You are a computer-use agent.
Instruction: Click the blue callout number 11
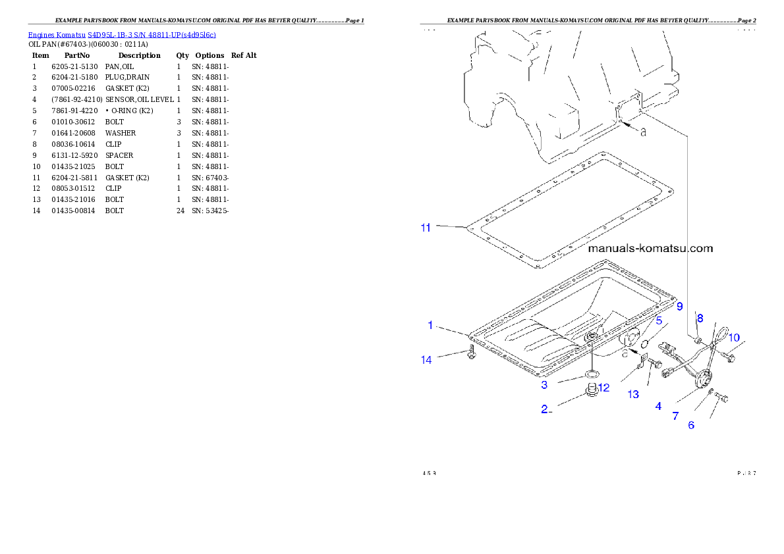click(x=426, y=228)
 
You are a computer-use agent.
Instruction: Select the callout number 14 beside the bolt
click(x=427, y=359)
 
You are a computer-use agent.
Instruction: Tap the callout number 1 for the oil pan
click(x=430, y=325)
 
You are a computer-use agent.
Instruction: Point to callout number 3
click(x=544, y=384)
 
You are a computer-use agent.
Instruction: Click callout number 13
click(x=632, y=394)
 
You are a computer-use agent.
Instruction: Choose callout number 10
click(x=733, y=338)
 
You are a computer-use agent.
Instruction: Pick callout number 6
click(x=691, y=425)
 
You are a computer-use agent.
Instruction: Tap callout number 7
click(x=675, y=416)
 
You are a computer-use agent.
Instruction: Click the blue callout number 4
click(x=658, y=407)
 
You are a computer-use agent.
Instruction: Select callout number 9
click(x=679, y=306)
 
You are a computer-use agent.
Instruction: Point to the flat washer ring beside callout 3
click(x=592, y=375)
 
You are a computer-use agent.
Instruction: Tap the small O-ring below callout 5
click(x=646, y=342)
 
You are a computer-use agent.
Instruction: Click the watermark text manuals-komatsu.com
click(x=650, y=249)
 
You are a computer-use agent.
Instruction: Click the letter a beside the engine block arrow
click(x=643, y=132)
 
